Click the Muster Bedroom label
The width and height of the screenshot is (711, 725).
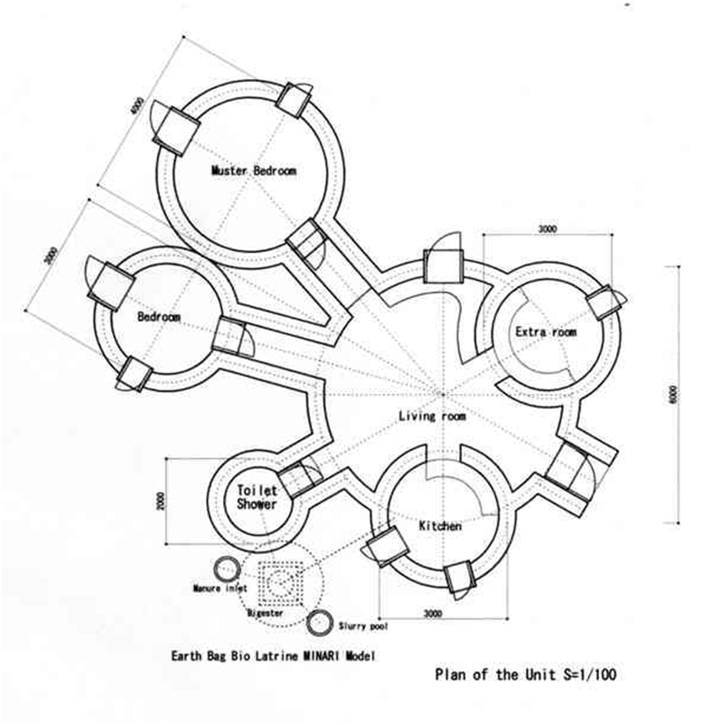[254, 171]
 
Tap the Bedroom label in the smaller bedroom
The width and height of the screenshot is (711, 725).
[159, 317]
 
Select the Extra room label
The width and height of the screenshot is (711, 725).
[546, 332]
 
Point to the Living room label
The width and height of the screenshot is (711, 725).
[432, 416]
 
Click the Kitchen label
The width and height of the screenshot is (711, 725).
[440, 527]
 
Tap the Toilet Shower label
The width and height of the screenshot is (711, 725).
[257, 497]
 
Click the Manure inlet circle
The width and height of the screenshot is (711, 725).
[227, 569]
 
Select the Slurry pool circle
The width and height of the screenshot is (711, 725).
[319, 622]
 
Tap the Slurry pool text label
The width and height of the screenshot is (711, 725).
[363, 627]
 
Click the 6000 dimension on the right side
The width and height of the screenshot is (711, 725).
[672, 395]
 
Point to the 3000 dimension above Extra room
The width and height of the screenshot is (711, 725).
[547, 229]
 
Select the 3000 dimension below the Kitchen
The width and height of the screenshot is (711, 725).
[433, 612]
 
